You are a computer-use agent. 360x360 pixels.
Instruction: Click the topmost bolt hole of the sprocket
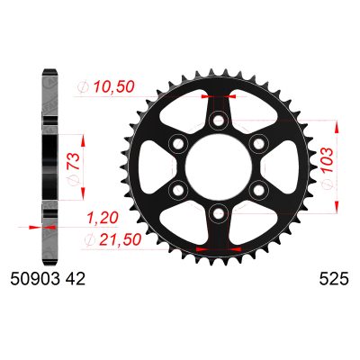217,121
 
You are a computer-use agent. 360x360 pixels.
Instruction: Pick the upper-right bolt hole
256,143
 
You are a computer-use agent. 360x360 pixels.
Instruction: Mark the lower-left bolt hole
178,188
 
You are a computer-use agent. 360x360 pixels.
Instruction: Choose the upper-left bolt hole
178,143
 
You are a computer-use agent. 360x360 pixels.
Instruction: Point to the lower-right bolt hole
256,188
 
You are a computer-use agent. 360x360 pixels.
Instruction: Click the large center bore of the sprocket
217,166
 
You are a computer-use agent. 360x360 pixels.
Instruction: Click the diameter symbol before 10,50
84,88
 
